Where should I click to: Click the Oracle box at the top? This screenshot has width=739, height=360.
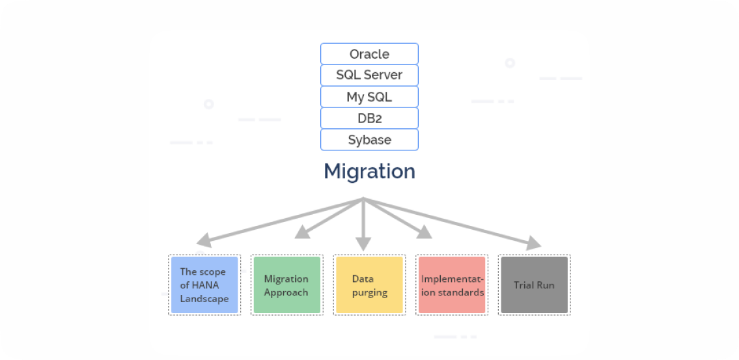[369, 54]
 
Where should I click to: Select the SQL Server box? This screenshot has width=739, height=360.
[369, 75]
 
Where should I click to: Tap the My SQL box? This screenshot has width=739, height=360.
[369, 97]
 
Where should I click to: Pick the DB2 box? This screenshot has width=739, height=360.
[369, 118]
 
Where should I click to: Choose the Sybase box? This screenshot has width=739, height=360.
[369, 140]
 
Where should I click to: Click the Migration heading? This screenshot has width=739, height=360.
[369, 171]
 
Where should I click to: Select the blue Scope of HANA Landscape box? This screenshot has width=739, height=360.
[204, 285]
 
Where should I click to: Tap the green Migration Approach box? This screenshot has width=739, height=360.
[286, 285]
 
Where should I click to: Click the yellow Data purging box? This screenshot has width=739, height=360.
[369, 285]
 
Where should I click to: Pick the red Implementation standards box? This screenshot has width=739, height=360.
[452, 285]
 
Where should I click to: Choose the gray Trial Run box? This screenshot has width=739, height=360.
[534, 285]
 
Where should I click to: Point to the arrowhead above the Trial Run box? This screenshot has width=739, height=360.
[533, 243]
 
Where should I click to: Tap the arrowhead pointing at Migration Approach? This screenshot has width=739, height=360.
[302, 232]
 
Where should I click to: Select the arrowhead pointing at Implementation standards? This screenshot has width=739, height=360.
[424, 232]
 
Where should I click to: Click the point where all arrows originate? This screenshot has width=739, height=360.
[363, 198]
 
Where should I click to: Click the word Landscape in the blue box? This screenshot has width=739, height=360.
[204, 299]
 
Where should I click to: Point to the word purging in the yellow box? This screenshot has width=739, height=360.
[370, 292]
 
